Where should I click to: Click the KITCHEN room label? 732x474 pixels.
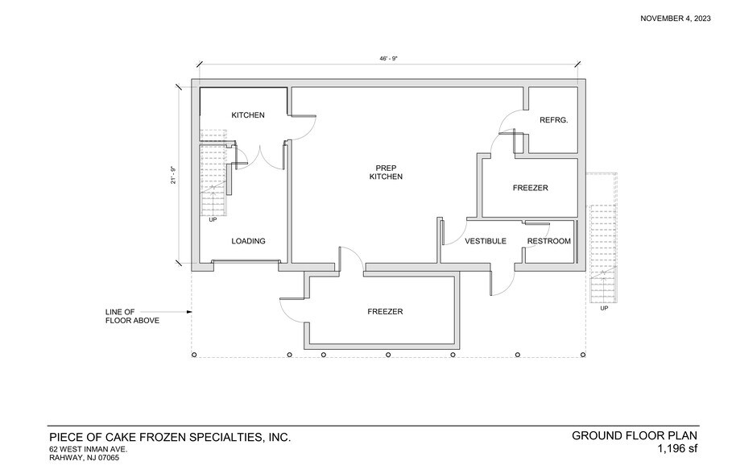tap(248, 115)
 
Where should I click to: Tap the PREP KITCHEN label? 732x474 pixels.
tap(386, 171)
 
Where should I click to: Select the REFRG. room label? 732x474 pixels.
tap(554, 120)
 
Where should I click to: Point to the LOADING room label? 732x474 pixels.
tap(248, 241)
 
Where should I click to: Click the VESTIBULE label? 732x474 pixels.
tap(486, 241)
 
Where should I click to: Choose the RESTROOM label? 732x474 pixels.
tap(548, 241)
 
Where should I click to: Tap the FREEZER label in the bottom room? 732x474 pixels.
tap(385, 311)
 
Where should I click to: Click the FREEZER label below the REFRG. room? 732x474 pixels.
tap(530, 188)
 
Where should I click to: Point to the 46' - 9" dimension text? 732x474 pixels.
tap(390, 59)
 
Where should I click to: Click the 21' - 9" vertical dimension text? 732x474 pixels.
tap(172, 175)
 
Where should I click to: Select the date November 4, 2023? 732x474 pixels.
tap(676, 19)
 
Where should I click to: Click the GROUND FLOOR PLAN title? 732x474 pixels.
tap(635, 435)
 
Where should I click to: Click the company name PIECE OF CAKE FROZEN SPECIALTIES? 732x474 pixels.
tap(170, 437)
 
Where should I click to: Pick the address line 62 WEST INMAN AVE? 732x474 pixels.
tap(89, 449)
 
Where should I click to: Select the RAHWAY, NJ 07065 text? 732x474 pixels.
tap(84, 458)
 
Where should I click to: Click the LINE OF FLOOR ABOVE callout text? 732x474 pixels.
tap(132, 316)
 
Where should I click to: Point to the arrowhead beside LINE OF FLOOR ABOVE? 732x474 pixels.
tap(188, 311)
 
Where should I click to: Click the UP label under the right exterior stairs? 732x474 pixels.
tap(604, 308)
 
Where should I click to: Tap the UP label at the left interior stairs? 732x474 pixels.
tap(213, 219)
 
